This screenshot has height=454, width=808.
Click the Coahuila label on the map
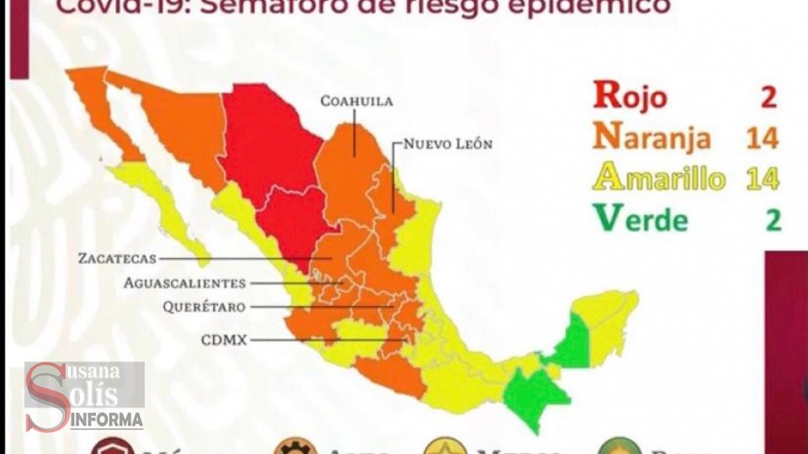[356, 102]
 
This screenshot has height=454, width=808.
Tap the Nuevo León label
[448, 144]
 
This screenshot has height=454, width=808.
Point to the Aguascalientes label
[184, 283]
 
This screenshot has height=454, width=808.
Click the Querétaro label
[205, 308]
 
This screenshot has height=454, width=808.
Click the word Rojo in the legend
[630, 95]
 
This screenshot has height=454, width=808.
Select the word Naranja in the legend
[652, 136]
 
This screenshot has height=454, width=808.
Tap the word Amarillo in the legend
[659, 178]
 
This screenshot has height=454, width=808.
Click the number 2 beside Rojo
[768, 96]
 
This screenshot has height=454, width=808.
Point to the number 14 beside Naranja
[761, 137]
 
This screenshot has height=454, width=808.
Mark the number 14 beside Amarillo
[761, 178]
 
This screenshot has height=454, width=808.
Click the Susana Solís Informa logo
[83, 396]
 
